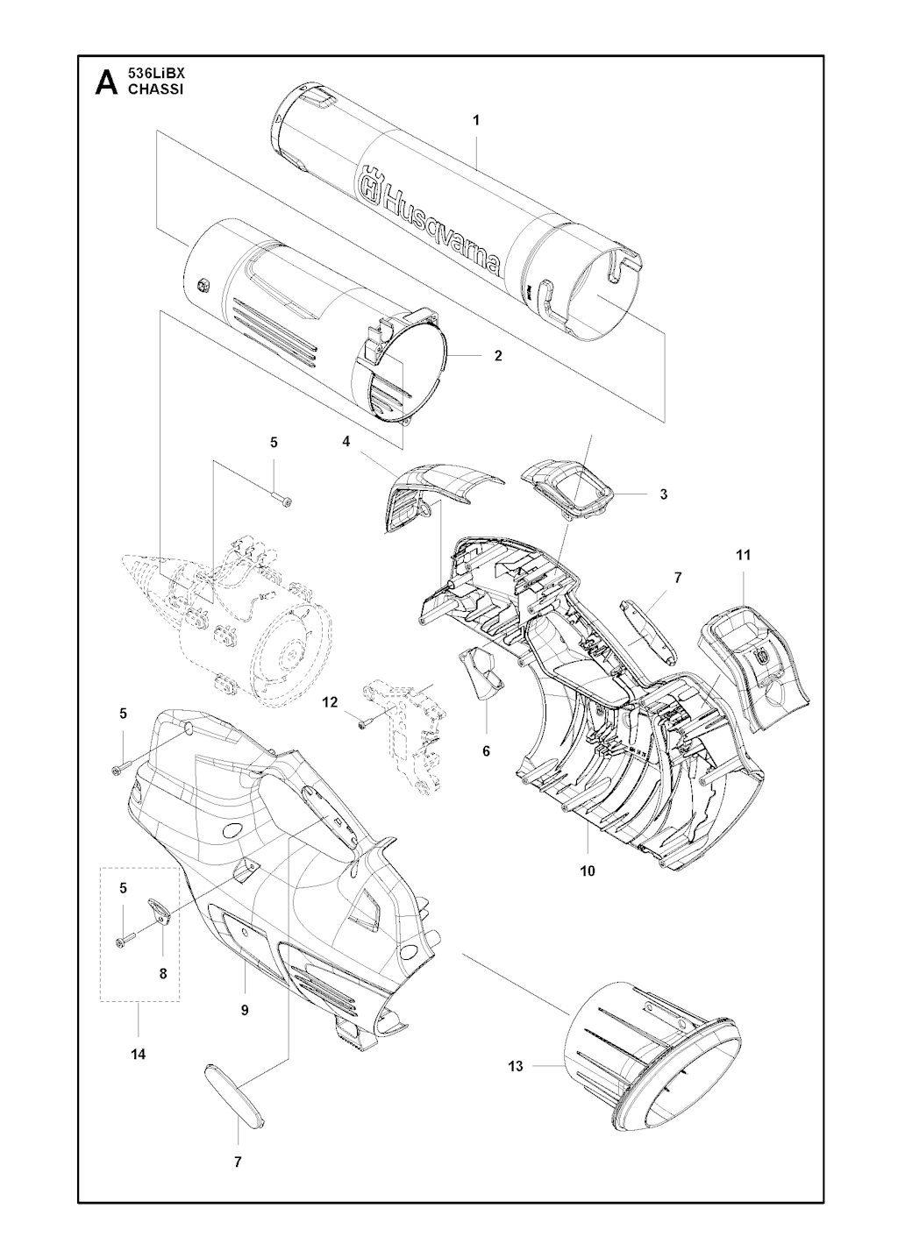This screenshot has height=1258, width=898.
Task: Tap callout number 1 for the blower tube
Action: click(476, 120)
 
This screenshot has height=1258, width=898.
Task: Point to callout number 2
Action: click(498, 356)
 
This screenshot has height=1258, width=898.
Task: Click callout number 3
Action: click(664, 494)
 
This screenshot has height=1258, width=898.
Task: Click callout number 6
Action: click(487, 751)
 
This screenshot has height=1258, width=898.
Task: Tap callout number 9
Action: click(245, 1010)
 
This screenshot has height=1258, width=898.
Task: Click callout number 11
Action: click(744, 556)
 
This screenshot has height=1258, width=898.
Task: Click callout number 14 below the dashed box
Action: click(139, 1055)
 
